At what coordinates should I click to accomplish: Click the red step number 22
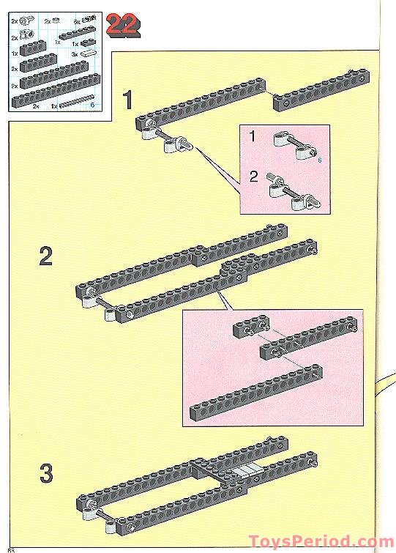[x=122, y=25]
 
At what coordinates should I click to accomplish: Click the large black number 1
[x=129, y=99]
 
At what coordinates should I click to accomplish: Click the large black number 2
[x=46, y=257]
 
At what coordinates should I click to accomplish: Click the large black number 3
[x=46, y=473]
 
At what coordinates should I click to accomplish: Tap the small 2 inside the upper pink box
[x=254, y=177]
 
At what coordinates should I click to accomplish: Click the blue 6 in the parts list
[x=92, y=105]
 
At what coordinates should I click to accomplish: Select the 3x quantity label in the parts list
[x=75, y=55]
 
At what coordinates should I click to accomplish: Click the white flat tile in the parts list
[x=88, y=53]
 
